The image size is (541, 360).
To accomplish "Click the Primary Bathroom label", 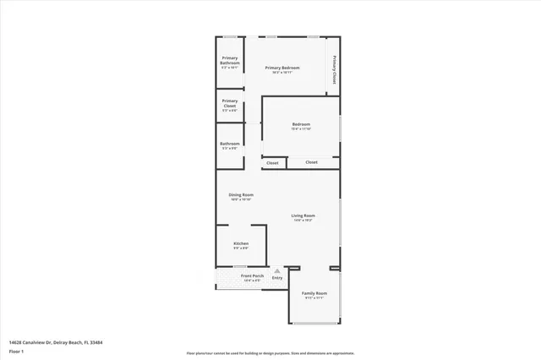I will click(230, 61).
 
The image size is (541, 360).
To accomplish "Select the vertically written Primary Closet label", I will click(334, 69).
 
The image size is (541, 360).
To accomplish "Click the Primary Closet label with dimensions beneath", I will click(230, 105).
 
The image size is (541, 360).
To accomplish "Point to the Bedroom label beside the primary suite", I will click(301, 124).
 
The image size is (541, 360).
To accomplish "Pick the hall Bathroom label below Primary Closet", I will click(230, 144).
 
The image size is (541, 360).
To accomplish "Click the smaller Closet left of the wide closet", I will click(272, 162).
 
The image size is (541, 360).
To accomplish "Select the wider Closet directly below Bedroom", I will click(311, 162).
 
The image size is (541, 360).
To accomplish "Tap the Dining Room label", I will click(241, 195).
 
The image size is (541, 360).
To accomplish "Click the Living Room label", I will click(303, 215).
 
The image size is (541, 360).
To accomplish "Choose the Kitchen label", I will click(241, 243).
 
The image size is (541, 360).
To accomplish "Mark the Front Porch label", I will click(252, 275).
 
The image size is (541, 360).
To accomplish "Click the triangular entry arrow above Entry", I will click(276, 270).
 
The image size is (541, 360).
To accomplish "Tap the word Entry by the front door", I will click(277, 277).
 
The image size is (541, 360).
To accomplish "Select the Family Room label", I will click(314, 293).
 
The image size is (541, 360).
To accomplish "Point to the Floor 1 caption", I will click(16, 351).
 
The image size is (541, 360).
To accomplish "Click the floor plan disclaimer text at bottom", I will click(270, 352).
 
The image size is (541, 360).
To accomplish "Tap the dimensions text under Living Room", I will click(303, 221).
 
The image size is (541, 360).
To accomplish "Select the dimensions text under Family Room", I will click(314, 298).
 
